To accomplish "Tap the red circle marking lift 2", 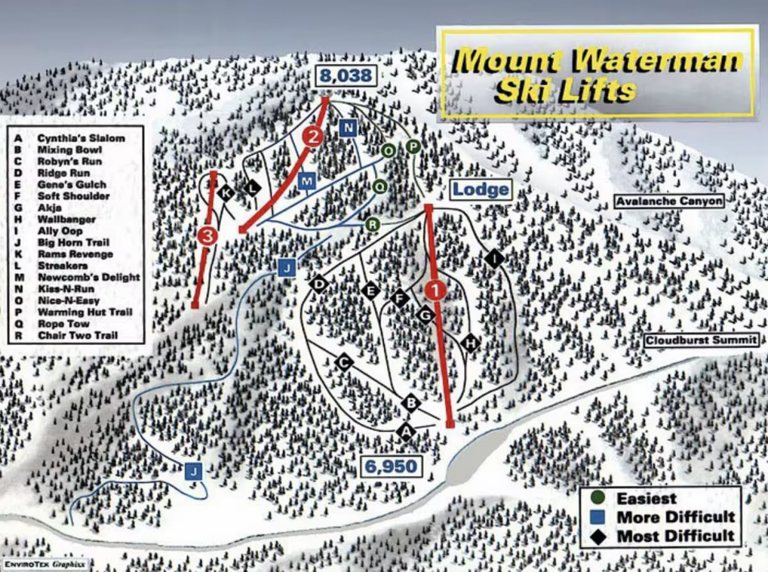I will [313, 136].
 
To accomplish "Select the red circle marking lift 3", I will [208, 236].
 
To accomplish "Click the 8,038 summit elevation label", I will [346, 76].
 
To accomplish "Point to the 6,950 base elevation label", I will [391, 466].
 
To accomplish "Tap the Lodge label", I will [481, 189].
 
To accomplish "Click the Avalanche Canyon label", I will [669, 202].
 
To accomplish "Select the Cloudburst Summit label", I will [701, 340].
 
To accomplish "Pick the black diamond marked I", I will [494, 258].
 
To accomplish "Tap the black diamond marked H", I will [470, 343].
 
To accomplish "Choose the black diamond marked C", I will [344, 362].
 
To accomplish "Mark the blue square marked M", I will [307, 182].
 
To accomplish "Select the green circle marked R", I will [374, 225].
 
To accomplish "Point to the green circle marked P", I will [413, 147].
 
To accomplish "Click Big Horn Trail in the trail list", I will [74, 242].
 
